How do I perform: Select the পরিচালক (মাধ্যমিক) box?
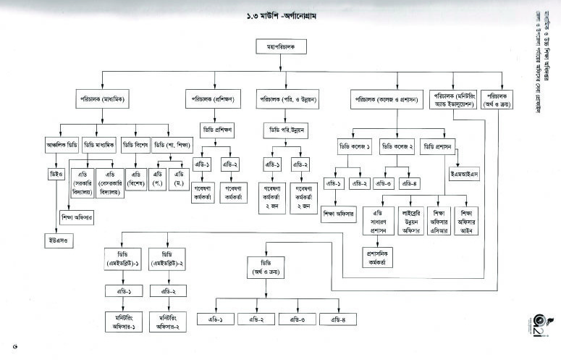pyautogui.click(x=101, y=97)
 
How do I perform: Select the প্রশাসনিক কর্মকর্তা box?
pyautogui.click(x=381, y=257)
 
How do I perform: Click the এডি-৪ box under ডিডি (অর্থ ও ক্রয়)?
pyautogui.click(x=339, y=319)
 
